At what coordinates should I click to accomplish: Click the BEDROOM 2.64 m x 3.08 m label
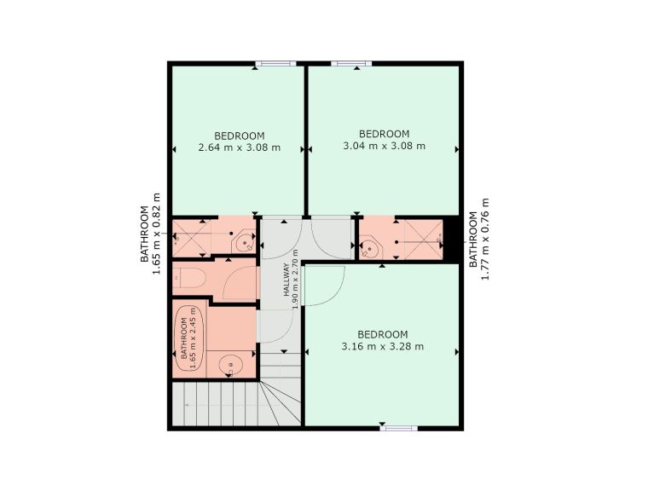(239, 141)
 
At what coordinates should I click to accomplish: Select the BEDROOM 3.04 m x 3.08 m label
(384, 140)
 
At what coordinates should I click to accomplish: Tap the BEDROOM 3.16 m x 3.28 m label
(382, 340)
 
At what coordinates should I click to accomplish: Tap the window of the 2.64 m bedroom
(275, 63)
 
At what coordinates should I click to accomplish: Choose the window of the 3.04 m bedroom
(350, 63)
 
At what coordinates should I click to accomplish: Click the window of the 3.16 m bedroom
(396, 428)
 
